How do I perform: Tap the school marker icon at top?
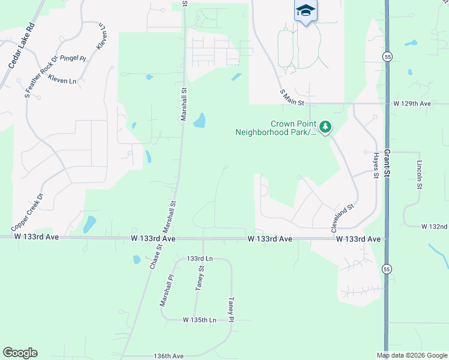click(x=306, y=11)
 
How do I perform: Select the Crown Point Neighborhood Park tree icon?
click(x=325, y=127)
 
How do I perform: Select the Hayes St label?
click(x=376, y=164)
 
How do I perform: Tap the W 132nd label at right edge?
click(x=435, y=227)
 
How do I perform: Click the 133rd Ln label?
click(x=200, y=259)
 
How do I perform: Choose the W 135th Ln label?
click(x=199, y=320)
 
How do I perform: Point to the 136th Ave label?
click(x=168, y=356)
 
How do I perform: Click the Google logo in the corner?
click(x=20, y=353)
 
